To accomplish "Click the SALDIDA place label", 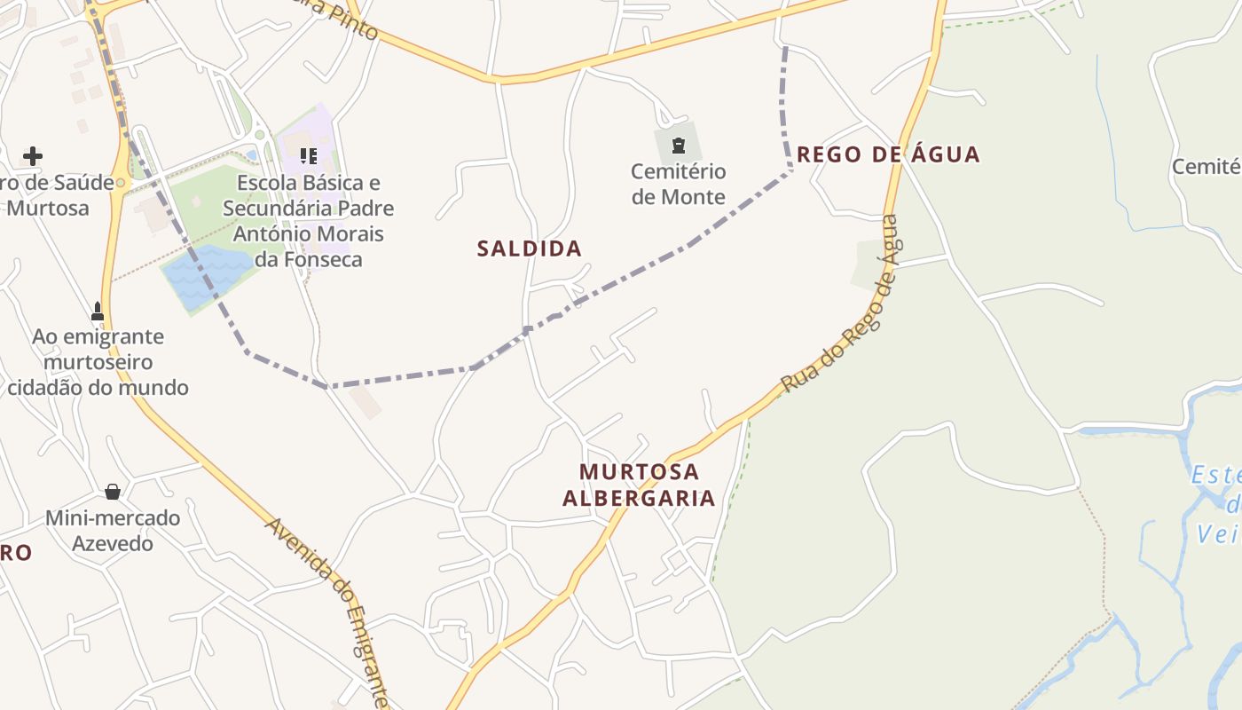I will [x=529, y=248].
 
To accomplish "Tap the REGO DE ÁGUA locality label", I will [x=888, y=154].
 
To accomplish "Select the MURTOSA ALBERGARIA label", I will [x=639, y=485].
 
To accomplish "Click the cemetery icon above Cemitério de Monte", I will [x=679, y=146].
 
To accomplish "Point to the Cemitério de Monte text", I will [x=679, y=184].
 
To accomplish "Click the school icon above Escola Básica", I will [x=308, y=157].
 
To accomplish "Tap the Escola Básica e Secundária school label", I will [x=308, y=221].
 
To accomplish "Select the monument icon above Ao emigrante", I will [x=98, y=312].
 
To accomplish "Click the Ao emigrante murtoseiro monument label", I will [x=98, y=362].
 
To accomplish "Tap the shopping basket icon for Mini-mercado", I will [x=113, y=492].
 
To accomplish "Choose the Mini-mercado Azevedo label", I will [x=113, y=530].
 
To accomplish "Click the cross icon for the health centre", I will [x=33, y=157].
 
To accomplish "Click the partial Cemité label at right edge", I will [x=1207, y=167].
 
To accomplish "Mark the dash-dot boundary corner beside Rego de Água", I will [x=790, y=169].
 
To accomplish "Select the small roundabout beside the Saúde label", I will [x=122, y=184].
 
